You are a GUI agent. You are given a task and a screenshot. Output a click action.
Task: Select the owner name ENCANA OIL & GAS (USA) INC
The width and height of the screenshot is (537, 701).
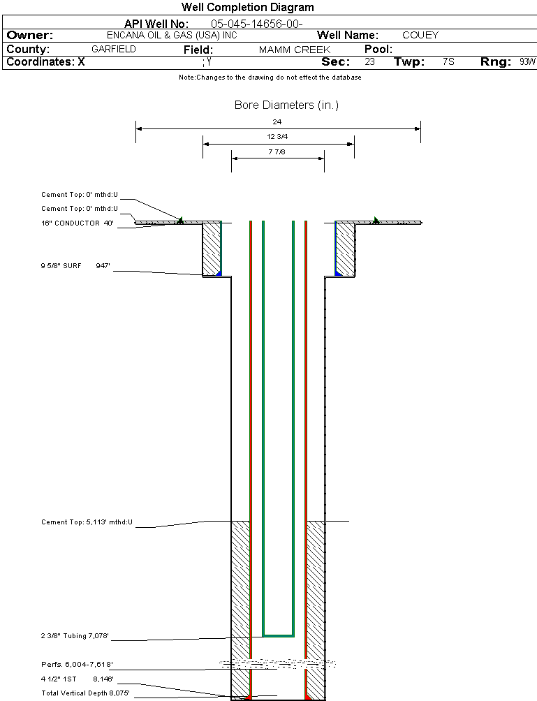click(x=182, y=35)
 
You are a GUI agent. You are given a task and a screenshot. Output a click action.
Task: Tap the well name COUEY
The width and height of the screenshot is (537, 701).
click(x=420, y=35)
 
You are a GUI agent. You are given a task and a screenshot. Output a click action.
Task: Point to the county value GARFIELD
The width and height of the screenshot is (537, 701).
click(x=114, y=50)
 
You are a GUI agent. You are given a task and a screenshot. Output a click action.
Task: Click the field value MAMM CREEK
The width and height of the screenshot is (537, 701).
click(x=294, y=50)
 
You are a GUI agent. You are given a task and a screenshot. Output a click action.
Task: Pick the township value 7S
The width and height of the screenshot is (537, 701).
click(x=448, y=62)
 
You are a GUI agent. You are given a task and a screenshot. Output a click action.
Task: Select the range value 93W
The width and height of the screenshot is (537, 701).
click(x=527, y=62)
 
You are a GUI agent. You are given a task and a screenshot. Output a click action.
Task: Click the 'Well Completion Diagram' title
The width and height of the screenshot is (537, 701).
click(x=248, y=8)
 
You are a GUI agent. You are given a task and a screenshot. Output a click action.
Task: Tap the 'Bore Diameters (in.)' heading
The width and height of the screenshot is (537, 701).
click(x=286, y=105)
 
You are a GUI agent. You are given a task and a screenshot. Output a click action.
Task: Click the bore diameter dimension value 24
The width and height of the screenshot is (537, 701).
click(x=278, y=121)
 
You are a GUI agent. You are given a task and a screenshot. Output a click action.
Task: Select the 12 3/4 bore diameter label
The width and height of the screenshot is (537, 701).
click(x=278, y=137)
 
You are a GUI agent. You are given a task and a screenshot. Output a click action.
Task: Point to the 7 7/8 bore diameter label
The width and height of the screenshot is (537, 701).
click(x=278, y=152)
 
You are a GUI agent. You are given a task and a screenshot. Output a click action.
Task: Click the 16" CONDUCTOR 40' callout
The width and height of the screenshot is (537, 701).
click(x=77, y=223)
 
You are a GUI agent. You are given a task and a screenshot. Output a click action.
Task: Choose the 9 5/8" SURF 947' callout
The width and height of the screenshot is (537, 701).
click(x=75, y=265)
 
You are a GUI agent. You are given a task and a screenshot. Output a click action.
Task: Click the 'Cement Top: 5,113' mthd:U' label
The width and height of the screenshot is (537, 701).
click(x=87, y=522)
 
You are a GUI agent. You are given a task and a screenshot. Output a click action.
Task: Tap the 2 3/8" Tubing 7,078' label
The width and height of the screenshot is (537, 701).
click(x=75, y=636)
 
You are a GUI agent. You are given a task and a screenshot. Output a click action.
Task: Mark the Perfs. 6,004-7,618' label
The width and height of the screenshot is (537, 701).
click(x=77, y=664)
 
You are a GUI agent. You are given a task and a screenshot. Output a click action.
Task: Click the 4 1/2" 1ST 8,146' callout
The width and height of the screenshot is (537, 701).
click(x=77, y=678)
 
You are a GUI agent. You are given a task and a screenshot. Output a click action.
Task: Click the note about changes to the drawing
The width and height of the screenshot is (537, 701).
click(x=270, y=78)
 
